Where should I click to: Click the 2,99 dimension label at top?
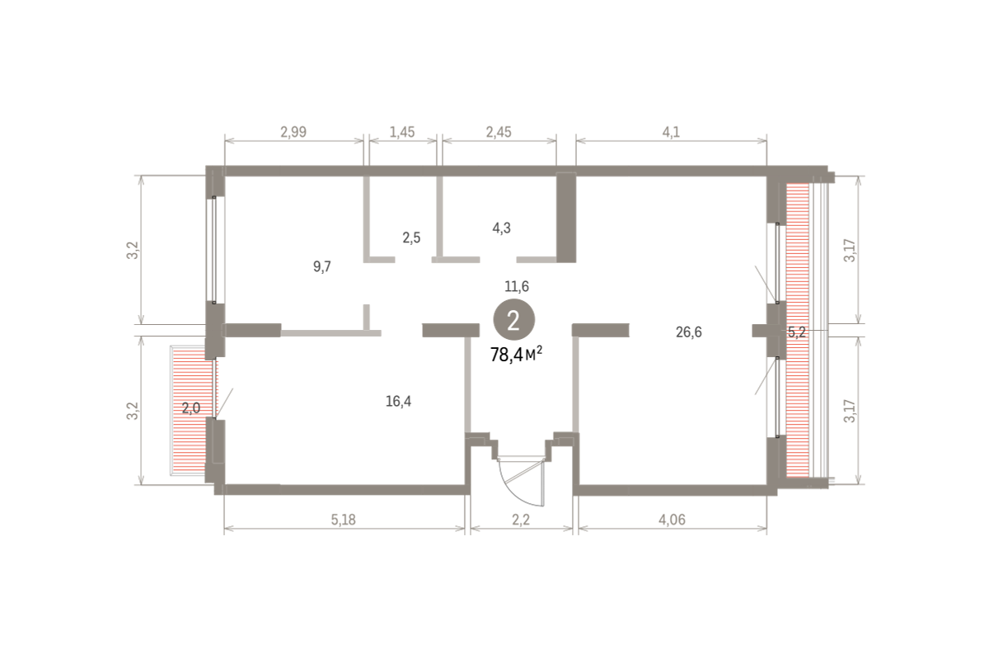pos(293,132)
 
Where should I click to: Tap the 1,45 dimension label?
pos(402,132)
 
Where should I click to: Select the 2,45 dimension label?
pos(499,132)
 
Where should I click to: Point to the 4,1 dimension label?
pos(671,132)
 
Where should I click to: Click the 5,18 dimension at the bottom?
pos(344,520)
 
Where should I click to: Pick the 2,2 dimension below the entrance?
pos(521,520)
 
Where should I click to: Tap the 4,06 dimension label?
pos(673,520)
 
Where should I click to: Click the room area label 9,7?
pos(322,267)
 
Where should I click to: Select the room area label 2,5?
pos(411,238)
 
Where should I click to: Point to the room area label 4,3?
pos(502,228)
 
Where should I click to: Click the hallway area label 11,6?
pos(517,287)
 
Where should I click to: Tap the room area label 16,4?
pos(399,402)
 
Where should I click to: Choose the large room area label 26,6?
pos(689,332)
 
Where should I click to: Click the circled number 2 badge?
pos(514,320)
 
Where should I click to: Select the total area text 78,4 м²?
pos(516,354)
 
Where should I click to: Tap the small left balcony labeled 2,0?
pos(190,411)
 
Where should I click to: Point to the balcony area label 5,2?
pos(797,332)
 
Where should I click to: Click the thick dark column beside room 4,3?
pos(566,218)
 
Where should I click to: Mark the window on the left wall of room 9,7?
pos(214,250)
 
